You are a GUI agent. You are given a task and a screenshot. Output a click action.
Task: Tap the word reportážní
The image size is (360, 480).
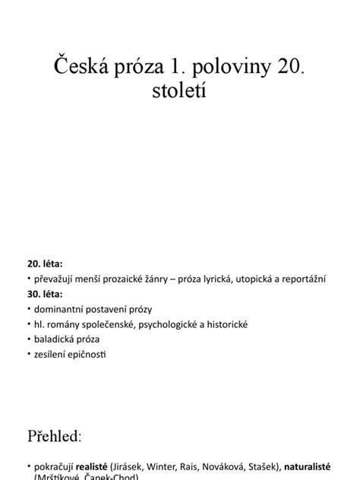[305, 280]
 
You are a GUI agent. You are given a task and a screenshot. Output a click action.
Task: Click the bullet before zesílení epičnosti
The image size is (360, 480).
[29, 353]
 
